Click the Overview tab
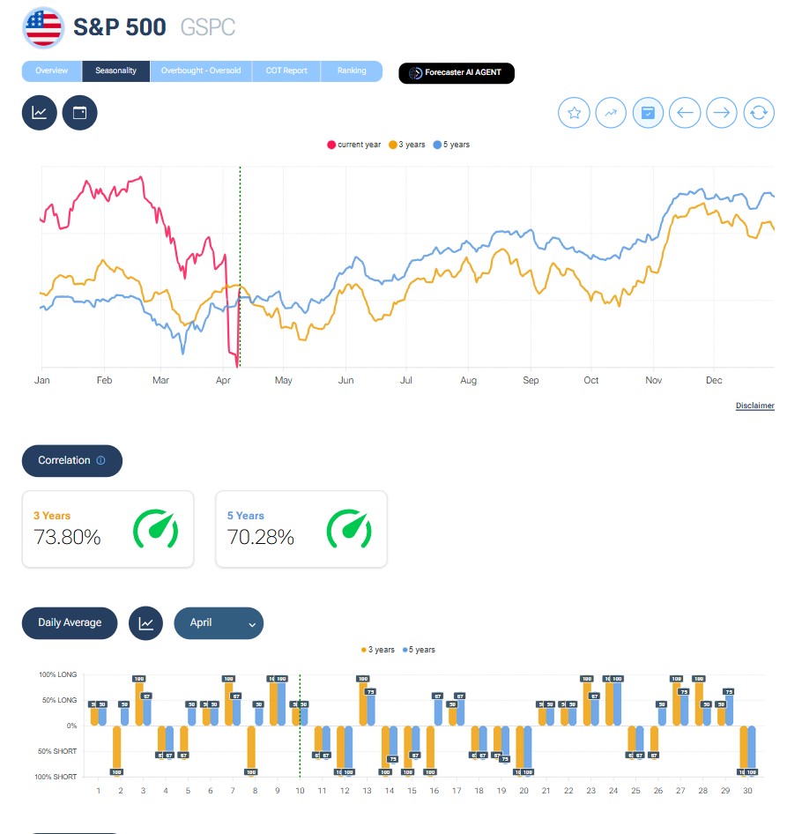click(x=51, y=71)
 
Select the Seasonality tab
click(x=115, y=71)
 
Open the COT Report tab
click(x=286, y=71)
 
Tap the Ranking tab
click(x=352, y=71)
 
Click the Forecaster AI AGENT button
click(x=457, y=73)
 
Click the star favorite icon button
click(x=575, y=113)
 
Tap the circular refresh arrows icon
click(x=760, y=113)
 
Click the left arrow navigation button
click(x=685, y=113)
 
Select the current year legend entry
click(x=354, y=145)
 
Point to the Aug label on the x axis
click(x=468, y=381)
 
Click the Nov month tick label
click(x=653, y=381)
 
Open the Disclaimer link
click(x=754, y=406)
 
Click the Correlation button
click(x=71, y=460)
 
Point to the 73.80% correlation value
click(x=67, y=537)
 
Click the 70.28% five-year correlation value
click(x=261, y=537)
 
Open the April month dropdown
click(x=219, y=622)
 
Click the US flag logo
click(x=43, y=28)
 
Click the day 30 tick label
click(x=747, y=791)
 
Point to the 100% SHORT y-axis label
click(x=57, y=777)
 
